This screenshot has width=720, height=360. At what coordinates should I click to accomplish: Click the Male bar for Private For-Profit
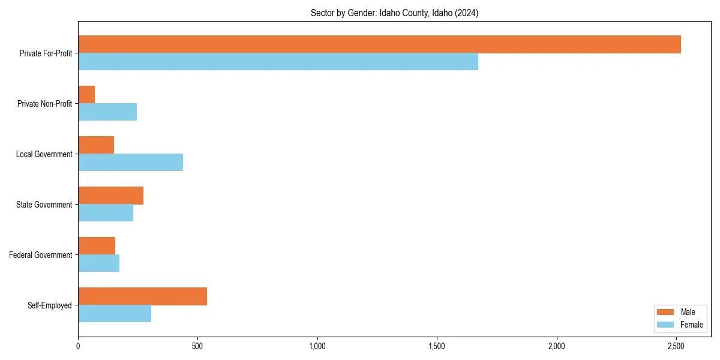pos(379,44)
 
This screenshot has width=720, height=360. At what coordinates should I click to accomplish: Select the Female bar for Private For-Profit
pos(278,62)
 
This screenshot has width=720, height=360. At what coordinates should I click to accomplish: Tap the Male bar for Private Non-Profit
pos(86,95)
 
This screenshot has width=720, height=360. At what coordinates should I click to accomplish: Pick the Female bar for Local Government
pos(130,163)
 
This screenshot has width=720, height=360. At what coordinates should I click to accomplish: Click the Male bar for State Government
pos(110,196)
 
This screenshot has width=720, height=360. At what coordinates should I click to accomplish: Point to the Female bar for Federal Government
pos(98,263)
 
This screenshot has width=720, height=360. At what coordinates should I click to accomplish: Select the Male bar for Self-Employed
pos(142,296)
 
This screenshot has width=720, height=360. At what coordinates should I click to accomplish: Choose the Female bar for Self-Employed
pos(115,314)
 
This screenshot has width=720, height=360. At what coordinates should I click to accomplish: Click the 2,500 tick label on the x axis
pos(676,346)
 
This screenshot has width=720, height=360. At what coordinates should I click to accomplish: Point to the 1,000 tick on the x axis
pos(317,346)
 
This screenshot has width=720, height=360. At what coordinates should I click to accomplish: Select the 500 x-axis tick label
pos(197,346)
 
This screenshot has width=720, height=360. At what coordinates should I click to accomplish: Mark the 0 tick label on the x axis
pos(78,346)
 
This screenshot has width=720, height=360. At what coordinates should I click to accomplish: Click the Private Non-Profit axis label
pos(44,104)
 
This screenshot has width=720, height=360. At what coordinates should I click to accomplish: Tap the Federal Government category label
pos(41,255)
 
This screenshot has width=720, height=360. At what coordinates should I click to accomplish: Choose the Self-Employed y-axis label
pos(50,305)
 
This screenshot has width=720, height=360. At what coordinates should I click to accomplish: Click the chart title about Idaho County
pos(394,13)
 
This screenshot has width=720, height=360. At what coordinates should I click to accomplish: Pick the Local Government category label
pos(44,154)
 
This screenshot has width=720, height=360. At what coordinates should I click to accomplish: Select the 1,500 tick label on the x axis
pos(437,346)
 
